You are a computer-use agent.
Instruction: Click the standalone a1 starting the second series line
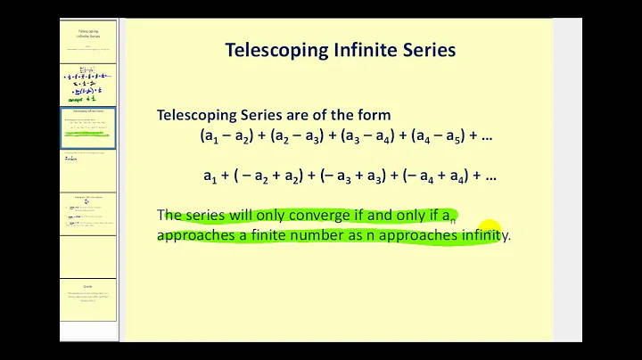[210, 176]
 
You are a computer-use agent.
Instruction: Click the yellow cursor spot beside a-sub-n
[490, 231]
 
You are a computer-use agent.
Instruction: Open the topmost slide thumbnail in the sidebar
[87, 38]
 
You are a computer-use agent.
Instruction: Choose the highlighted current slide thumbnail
[87, 126]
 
